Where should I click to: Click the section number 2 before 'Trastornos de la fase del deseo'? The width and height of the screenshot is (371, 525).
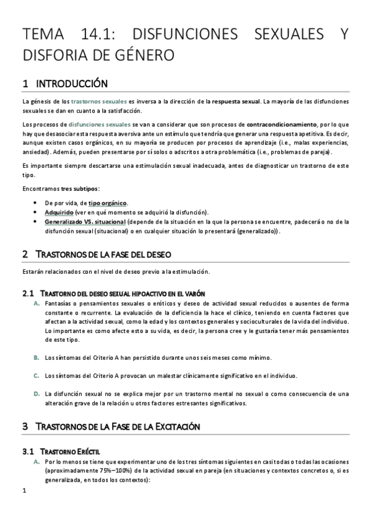[25, 254]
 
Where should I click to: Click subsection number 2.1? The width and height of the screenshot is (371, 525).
[27, 293]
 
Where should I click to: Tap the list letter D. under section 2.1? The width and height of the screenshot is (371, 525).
[37, 394]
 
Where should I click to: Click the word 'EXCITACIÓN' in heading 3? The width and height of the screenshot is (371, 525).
[172, 427]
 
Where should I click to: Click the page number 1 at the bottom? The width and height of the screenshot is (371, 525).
[24, 492]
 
